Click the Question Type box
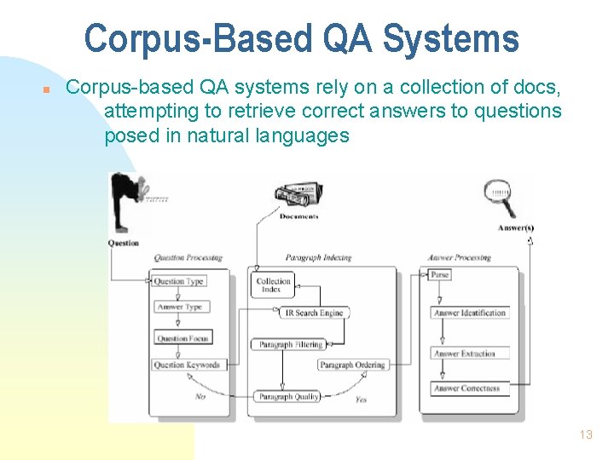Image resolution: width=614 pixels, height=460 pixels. click(x=179, y=281)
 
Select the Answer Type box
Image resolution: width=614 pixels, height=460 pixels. click(x=180, y=308)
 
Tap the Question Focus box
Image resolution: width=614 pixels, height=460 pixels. click(x=182, y=338)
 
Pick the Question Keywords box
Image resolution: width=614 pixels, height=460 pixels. click(x=187, y=365)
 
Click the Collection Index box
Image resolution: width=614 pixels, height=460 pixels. click(x=274, y=285)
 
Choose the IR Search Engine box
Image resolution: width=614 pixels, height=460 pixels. click(x=313, y=313)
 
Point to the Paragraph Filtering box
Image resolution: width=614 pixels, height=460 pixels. click(x=287, y=345)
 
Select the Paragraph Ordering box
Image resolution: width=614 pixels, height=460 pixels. click(x=352, y=365)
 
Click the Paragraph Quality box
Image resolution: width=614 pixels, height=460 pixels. click(x=288, y=397)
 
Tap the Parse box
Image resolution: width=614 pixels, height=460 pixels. click(x=439, y=275)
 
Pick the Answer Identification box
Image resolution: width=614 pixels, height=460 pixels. click(x=470, y=313)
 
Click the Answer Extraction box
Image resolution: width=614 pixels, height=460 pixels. click(x=465, y=354)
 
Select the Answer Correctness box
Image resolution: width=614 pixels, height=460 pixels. click(x=466, y=388)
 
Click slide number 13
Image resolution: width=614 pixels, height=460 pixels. click(x=585, y=434)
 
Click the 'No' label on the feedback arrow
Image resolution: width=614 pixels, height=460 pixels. click(x=200, y=397)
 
